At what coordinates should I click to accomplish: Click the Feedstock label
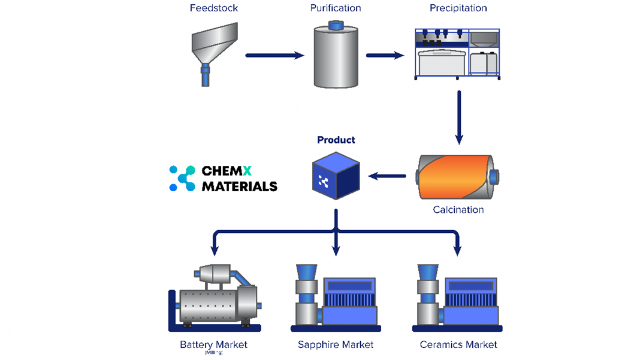(x=214, y=8)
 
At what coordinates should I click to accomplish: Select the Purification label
(x=336, y=8)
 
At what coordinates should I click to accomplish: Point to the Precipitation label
(x=458, y=8)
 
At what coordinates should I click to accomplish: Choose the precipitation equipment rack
(x=458, y=53)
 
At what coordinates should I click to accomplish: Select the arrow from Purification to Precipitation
(x=385, y=56)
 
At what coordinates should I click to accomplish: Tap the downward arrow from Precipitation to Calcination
(x=459, y=117)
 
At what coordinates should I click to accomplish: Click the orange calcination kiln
(x=458, y=177)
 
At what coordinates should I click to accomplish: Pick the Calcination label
(x=458, y=210)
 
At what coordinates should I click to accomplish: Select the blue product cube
(x=336, y=176)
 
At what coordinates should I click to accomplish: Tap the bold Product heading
(x=336, y=140)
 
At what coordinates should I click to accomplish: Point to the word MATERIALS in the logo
(x=240, y=186)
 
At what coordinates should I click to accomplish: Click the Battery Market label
(x=213, y=344)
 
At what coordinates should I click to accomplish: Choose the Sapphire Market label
(x=336, y=344)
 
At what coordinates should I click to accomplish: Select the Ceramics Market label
(x=458, y=344)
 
